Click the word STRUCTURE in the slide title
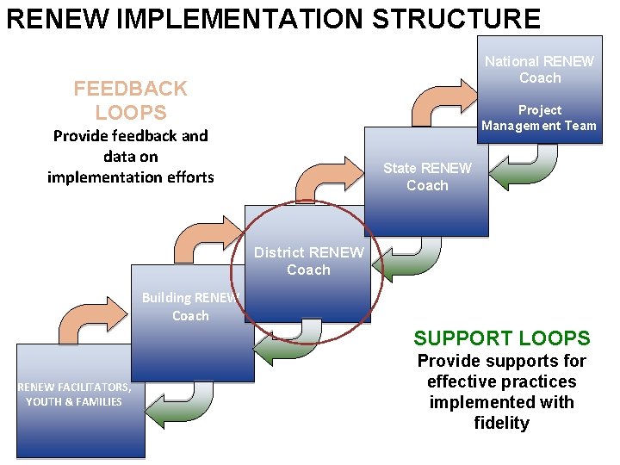tap(456, 18)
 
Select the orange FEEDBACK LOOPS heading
tap(130, 100)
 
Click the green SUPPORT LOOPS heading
tap(501, 338)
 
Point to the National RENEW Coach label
tap(540, 70)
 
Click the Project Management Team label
tap(539, 118)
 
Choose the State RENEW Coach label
tap(427, 177)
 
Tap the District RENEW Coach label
tap(308, 261)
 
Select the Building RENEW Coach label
tap(190, 307)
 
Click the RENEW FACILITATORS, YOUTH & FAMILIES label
tap(74, 394)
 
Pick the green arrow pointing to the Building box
tap(288, 341)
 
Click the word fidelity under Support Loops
tap(501, 423)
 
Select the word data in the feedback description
tap(118, 156)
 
